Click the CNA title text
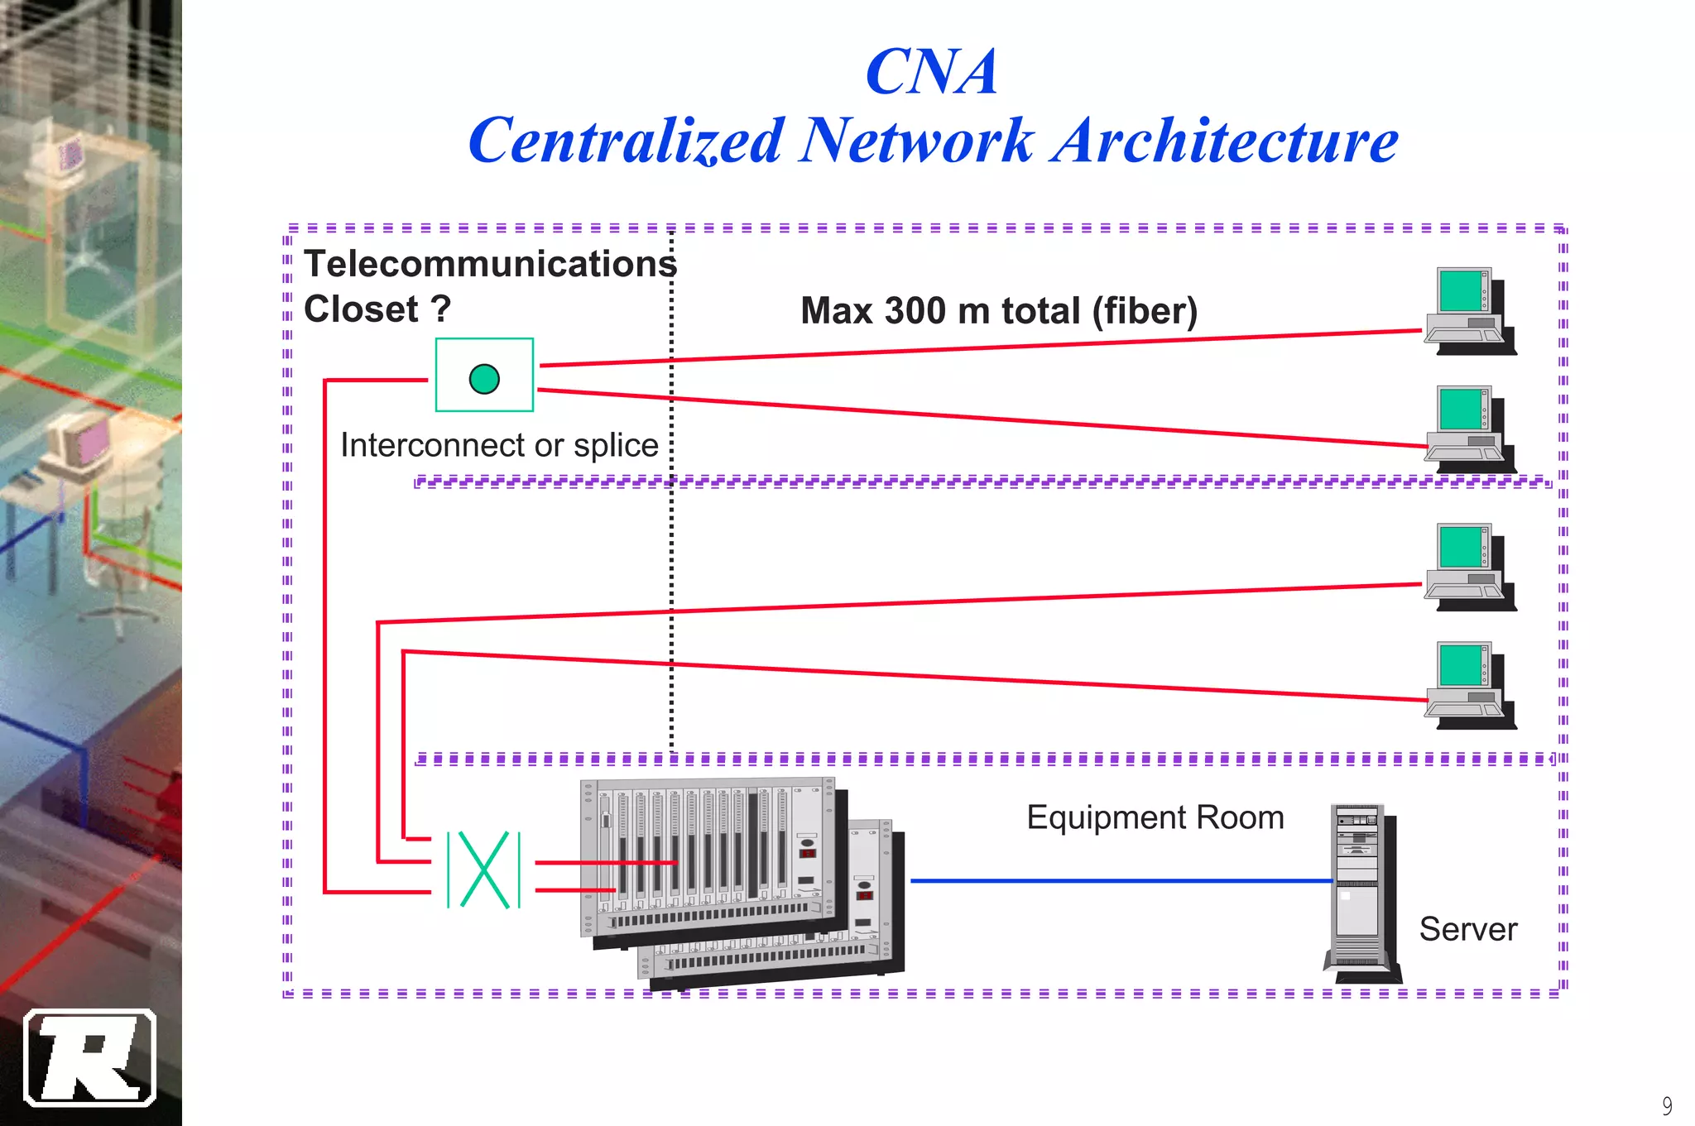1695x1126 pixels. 931,72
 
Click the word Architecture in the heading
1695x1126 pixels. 1226,141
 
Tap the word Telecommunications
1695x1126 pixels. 490,264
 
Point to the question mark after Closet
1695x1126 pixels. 441,309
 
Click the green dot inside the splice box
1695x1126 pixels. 484,379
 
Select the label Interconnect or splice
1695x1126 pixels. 499,445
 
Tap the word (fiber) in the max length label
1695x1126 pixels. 1145,312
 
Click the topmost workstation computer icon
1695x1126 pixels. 1470,310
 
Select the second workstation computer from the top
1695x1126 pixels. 1470,429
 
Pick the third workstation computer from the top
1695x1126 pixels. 1470,567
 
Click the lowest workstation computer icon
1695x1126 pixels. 1470,685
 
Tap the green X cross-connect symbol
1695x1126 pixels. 484,870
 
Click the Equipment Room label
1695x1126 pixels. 1155,817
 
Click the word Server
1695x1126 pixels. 1467,929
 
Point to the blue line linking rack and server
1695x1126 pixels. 1117,881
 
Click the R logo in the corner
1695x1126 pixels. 90,1057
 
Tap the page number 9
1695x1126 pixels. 1667,1105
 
